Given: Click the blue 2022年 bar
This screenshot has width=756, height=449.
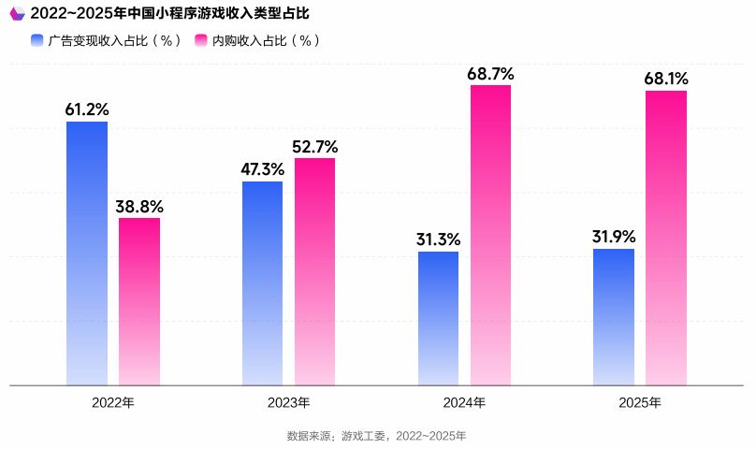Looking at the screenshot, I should (87, 253).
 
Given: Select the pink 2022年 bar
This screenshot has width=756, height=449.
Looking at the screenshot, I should (139, 301).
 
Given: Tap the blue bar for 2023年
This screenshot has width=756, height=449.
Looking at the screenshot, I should (262, 282).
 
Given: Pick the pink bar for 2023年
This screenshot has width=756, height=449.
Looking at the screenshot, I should (314, 271).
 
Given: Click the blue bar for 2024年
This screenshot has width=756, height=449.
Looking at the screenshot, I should (438, 318).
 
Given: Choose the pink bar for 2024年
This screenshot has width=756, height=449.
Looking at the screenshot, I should (490, 234).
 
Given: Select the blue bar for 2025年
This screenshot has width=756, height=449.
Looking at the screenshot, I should (614, 316).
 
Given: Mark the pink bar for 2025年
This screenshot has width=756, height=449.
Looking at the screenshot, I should (666, 238).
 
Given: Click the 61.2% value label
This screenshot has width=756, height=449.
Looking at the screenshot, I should (87, 109).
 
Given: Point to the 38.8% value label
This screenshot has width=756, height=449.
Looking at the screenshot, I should (139, 206).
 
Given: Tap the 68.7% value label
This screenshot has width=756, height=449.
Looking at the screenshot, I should (491, 73).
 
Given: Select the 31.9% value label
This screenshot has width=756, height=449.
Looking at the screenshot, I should (614, 237).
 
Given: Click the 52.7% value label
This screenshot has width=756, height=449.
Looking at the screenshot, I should (315, 146).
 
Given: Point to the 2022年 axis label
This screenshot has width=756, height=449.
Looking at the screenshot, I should (113, 403).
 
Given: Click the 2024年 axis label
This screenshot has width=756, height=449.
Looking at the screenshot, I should (464, 403).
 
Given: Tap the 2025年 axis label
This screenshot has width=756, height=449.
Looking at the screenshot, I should (640, 403).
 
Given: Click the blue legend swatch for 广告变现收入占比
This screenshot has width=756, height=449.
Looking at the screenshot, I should (37, 40).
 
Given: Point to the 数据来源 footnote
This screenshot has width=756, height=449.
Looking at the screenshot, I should (376, 436).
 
